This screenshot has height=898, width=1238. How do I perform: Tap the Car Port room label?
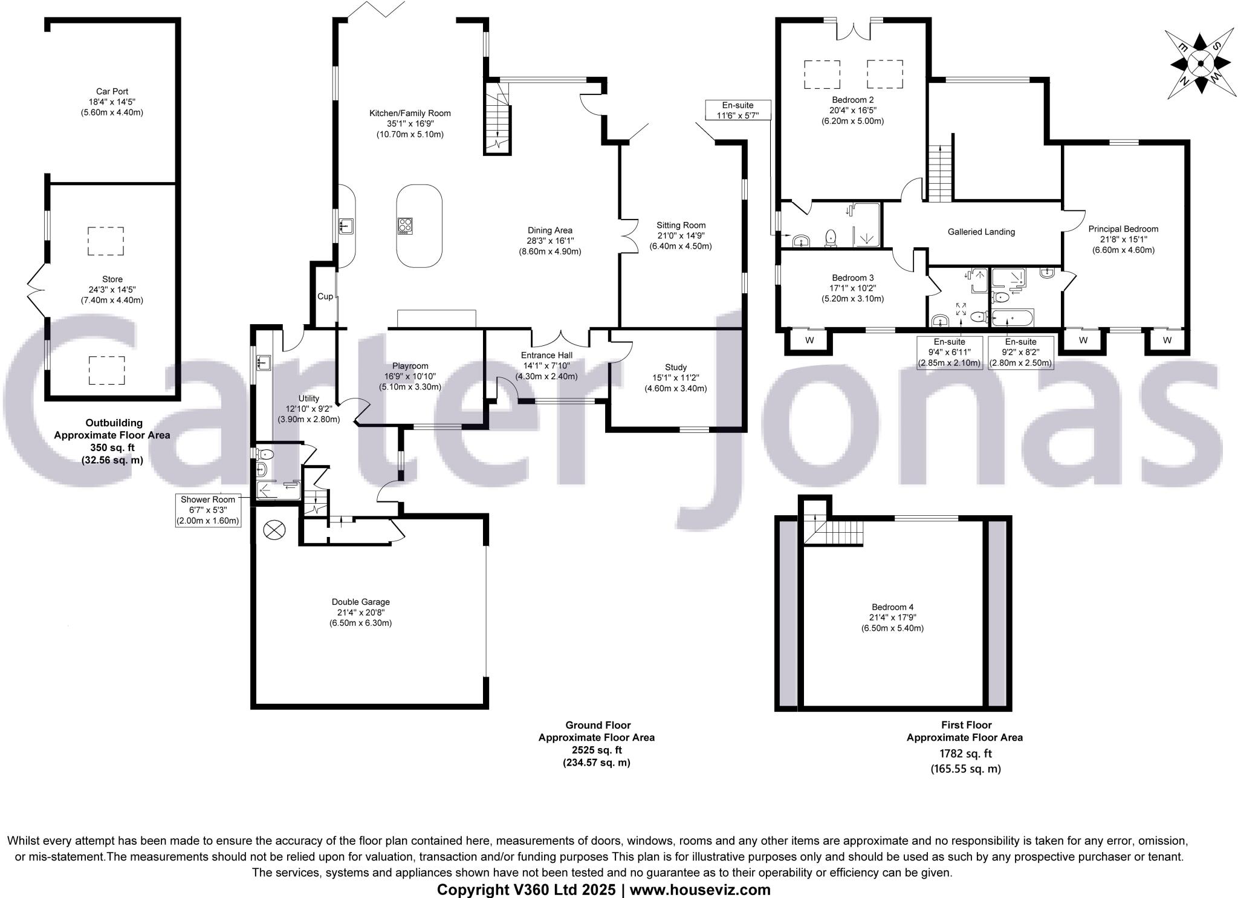tap(112, 92)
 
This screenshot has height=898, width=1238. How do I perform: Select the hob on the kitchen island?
tap(405, 226)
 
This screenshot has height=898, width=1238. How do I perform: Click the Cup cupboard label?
tap(325, 296)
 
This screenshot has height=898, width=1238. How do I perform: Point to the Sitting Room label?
tap(681, 226)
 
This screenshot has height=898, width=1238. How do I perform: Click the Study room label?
tap(675, 367)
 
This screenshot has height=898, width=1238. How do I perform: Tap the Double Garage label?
tap(361, 602)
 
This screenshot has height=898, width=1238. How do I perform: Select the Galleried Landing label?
tap(981, 232)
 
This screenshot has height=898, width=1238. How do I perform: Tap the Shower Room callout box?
tap(208, 510)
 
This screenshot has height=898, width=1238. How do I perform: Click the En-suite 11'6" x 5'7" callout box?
tap(737, 110)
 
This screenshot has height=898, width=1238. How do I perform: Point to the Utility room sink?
tap(264, 363)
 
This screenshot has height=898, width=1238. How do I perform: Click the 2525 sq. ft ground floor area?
tap(596, 750)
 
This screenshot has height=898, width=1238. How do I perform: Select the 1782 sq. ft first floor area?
tap(965, 753)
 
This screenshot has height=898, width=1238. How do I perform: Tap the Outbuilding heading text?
tap(114, 423)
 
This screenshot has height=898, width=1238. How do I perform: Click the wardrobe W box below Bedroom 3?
tap(809, 340)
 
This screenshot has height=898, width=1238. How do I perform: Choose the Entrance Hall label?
tap(546, 355)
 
